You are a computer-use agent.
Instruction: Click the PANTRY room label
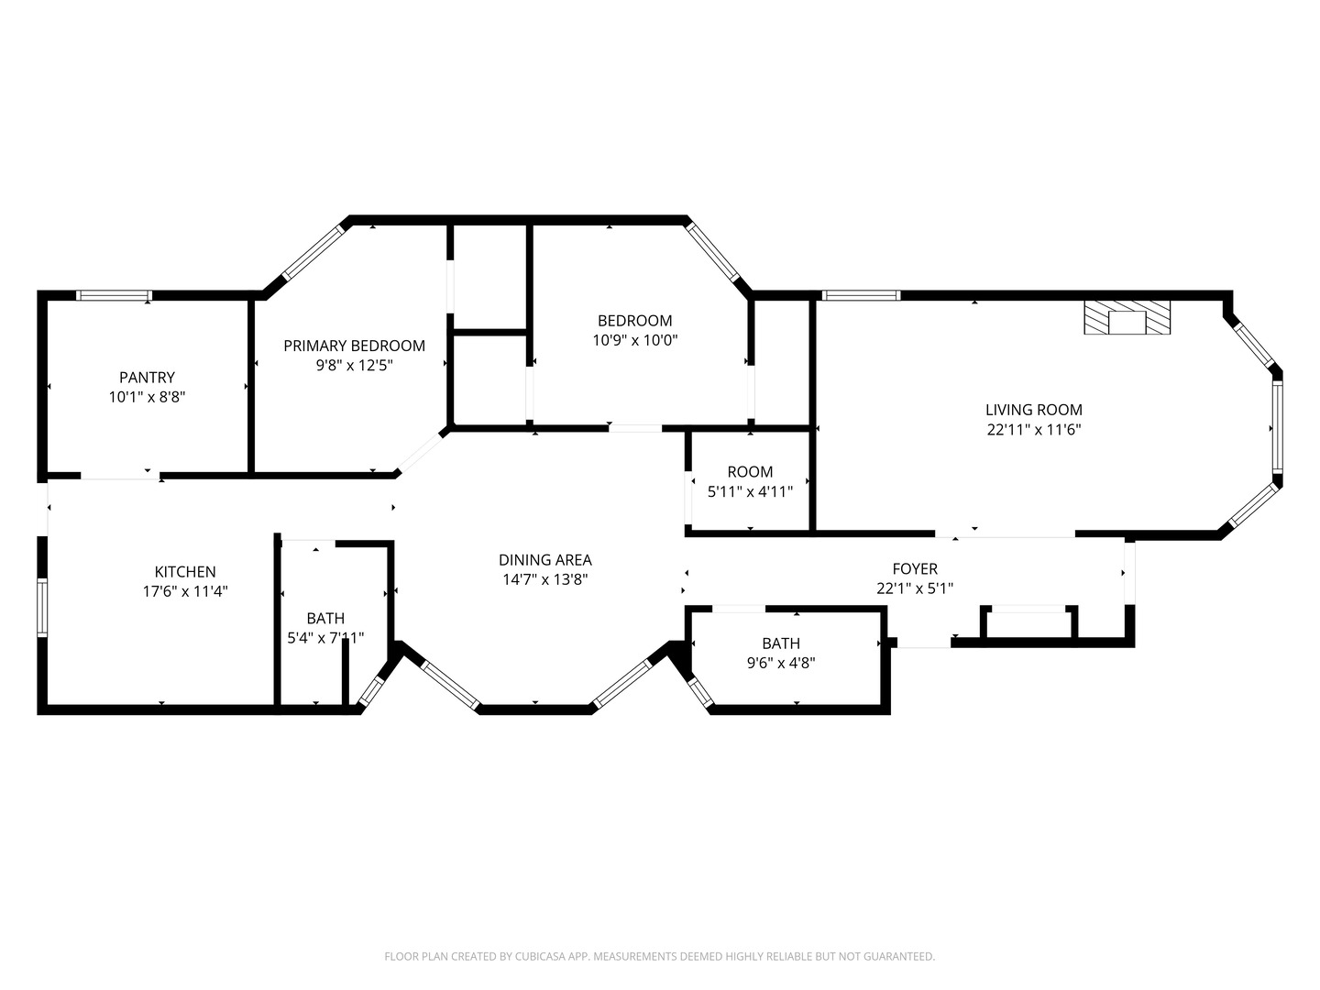[147, 377]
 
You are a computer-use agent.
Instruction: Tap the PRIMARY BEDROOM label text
[354, 346]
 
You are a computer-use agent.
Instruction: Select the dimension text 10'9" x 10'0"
[634, 340]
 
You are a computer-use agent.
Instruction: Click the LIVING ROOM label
[1033, 410]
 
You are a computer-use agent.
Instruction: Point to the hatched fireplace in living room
[1127, 317]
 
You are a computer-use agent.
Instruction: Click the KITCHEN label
[185, 572]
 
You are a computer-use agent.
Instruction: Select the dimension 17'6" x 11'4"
[185, 592]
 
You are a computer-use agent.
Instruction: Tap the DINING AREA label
[544, 559]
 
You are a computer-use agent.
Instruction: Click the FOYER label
[914, 569]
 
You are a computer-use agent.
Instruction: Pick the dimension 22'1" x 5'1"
[914, 588]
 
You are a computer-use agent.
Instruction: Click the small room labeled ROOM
[750, 472]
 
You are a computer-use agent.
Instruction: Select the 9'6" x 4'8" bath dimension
[780, 662]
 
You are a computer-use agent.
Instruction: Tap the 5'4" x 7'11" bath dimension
[325, 638]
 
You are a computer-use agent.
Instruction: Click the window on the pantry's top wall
[113, 295]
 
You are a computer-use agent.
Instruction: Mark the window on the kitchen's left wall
[41, 607]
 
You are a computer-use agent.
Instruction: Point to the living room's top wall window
[861, 295]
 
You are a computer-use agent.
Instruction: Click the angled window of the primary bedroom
[313, 252]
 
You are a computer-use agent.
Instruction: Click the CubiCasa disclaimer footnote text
[659, 956]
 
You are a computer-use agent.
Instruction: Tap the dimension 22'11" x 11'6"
[1033, 429]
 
